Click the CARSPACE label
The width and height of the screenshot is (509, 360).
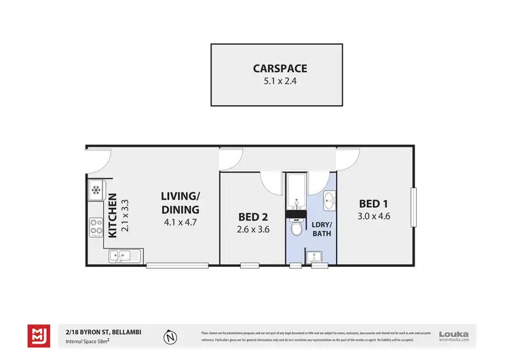pos(280,68)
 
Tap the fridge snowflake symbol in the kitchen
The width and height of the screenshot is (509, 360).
pos(96,190)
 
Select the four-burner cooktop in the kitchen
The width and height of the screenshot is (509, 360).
pos(96,226)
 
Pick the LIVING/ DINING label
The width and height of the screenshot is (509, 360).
pos(180,202)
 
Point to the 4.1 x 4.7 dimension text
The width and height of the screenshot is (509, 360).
pos(180,221)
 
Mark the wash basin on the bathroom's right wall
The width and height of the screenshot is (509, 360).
pos(328,200)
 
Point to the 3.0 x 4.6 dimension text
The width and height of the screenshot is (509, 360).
pos(375,217)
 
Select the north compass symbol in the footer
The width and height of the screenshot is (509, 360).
pos(171,335)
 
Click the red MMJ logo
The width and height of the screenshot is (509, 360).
pos(38,335)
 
